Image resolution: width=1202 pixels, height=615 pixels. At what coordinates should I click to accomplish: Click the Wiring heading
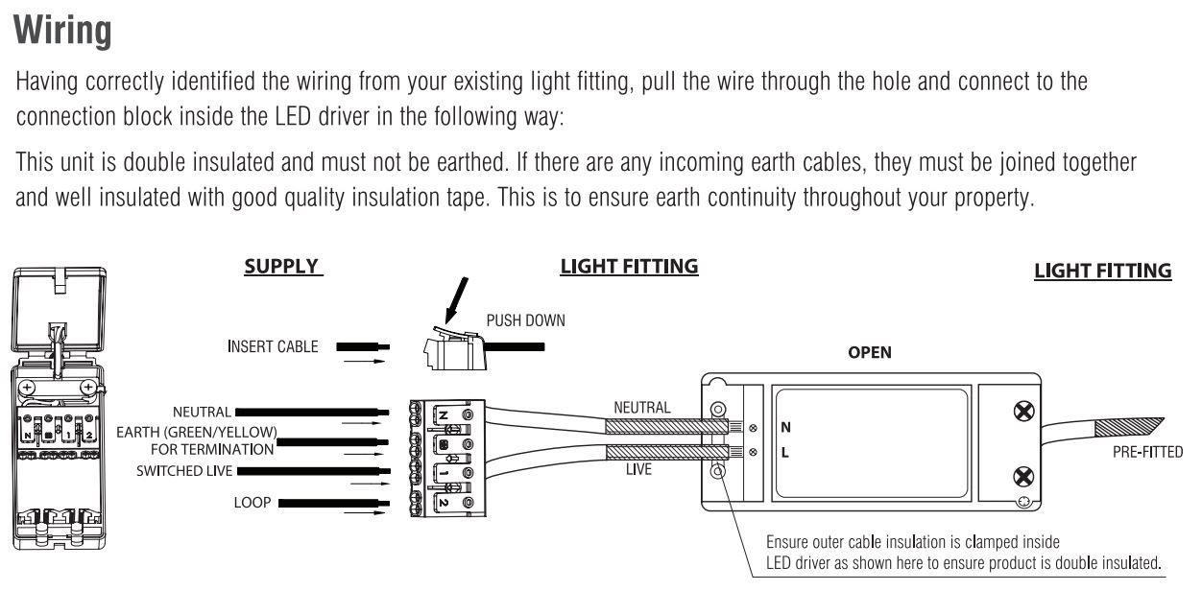coord(62,31)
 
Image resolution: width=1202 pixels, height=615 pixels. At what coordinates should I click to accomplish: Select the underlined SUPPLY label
coord(283,267)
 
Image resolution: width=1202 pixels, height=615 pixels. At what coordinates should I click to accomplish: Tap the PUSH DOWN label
coord(525,320)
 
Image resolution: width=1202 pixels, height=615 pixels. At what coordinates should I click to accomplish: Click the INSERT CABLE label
coord(273,347)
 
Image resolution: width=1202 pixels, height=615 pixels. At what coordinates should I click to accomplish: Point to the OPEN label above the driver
coord(869,352)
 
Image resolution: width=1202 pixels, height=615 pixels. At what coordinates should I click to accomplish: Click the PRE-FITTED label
coord(1147,452)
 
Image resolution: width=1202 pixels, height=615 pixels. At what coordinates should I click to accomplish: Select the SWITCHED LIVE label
coord(184,471)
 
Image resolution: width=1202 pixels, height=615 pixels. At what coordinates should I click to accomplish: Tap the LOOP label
coord(252,503)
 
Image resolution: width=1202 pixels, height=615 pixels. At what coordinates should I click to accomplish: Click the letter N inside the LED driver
coord(785,427)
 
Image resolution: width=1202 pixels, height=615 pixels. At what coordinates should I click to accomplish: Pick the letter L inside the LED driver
coord(784,453)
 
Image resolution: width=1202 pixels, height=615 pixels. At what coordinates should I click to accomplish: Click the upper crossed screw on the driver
coord(1023,412)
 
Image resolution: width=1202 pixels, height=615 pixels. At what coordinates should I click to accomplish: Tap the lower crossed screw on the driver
coord(1023,476)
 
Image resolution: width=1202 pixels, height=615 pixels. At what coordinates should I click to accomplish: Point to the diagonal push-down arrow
coord(456,300)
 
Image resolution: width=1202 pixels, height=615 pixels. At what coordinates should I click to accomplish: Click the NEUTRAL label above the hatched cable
coord(641,408)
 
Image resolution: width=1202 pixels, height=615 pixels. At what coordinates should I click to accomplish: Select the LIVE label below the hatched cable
coord(638,470)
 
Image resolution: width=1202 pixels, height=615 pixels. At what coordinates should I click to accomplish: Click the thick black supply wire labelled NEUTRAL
coord(312,412)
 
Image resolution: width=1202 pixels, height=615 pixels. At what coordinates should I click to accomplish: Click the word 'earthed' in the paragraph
coord(471,162)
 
